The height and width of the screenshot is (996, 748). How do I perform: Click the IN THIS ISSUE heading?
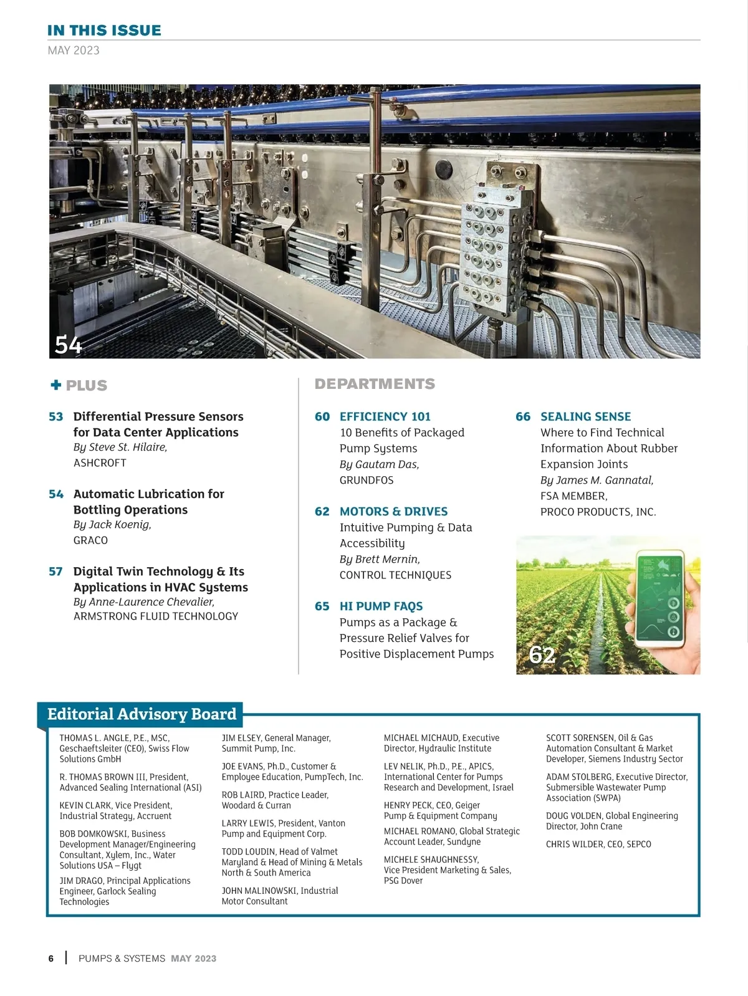pos(104,31)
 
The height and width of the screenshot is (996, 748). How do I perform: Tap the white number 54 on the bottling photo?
pos(68,345)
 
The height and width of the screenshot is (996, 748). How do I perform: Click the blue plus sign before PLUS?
pos(56,385)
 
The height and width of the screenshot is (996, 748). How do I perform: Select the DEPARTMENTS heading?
pos(375,384)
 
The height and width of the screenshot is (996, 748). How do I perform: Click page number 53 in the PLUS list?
pos(56,416)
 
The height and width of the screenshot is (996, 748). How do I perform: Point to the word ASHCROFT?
pos(100,463)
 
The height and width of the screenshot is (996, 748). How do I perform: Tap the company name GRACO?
pos(90,540)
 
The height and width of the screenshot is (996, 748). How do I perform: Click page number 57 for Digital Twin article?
pos(56,572)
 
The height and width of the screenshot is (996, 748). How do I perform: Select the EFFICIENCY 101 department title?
pos(385,416)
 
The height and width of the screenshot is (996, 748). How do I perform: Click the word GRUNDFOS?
pos(367,481)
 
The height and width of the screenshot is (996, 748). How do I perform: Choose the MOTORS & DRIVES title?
pos(393,512)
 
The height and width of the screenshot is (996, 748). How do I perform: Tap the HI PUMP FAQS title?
pos(381,606)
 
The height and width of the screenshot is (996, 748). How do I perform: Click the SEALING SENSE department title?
pos(585,416)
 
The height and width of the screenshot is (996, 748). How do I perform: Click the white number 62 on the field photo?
pos(542,655)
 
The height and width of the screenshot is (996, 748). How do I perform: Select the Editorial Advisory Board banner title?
pos(142,714)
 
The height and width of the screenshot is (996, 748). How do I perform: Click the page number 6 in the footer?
pos(51,959)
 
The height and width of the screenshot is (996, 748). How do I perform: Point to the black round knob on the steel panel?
pos(443,168)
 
